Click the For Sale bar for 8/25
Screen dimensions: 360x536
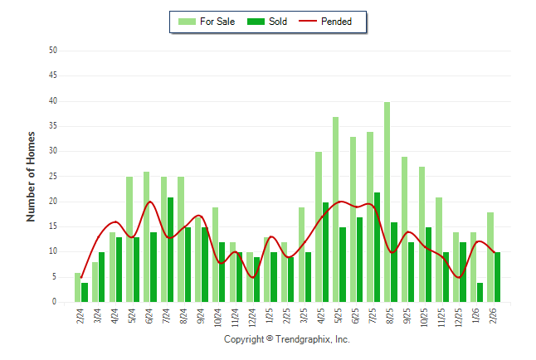(x=387, y=202)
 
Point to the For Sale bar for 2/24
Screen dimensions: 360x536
(x=78, y=288)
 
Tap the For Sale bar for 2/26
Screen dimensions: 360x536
(x=490, y=257)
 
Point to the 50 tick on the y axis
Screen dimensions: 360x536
(x=52, y=51)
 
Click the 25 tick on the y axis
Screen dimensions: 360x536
(x=52, y=177)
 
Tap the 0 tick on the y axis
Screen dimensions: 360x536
(x=54, y=303)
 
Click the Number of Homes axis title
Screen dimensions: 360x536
(x=32, y=176)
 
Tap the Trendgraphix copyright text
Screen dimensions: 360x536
(x=287, y=339)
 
